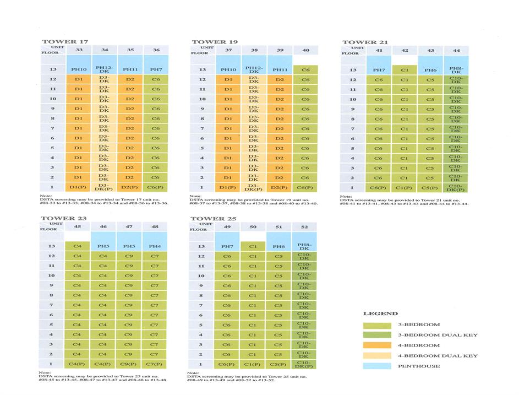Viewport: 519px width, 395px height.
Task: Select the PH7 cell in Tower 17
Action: (x=156, y=70)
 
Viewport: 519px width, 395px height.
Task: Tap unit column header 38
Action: (x=254, y=50)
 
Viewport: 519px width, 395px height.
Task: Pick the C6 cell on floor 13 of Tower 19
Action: (x=305, y=70)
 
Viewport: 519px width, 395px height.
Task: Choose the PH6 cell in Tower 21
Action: (x=431, y=70)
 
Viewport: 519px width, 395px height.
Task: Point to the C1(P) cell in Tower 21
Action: (x=405, y=188)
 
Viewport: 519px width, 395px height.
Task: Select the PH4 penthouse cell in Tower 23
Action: (x=155, y=246)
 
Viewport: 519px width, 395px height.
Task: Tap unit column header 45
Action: (x=77, y=226)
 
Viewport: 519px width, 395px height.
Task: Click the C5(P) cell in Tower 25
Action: (x=279, y=364)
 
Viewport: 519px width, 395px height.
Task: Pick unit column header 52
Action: (x=304, y=226)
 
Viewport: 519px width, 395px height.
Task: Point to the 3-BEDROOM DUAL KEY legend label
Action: (x=438, y=335)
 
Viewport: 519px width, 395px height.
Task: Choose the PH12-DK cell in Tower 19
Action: (x=254, y=69)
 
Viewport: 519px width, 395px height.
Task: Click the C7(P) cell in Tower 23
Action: (x=155, y=364)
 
